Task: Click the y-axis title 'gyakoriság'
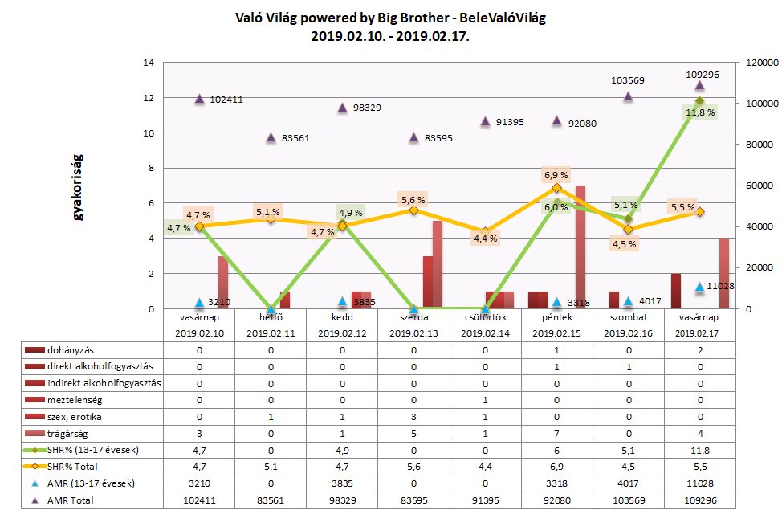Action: pyautogui.click(x=79, y=186)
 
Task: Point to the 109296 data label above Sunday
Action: pyautogui.click(x=702, y=74)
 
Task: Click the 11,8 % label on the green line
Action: pyautogui.click(x=701, y=112)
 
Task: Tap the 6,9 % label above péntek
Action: pyautogui.click(x=556, y=174)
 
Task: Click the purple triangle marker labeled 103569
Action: pyautogui.click(x=628, y=96)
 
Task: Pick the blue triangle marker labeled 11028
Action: pyautogui.click(x=699, y=287)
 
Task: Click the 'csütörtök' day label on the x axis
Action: pyautogui.click(x=485, y=319)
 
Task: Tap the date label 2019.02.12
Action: pyautogui.click(x=342, y=333)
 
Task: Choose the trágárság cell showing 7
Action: pyautogui.click(x=556, y=434)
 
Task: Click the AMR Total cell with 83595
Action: pyautogui.click(x=413, y=500)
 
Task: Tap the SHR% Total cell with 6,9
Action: pyautogui.click(x=556, y=467)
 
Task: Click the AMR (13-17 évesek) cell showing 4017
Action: pyautogui.click(x=628, y=483)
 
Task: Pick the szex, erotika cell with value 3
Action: pyautogui.click(x=413, y=417)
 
